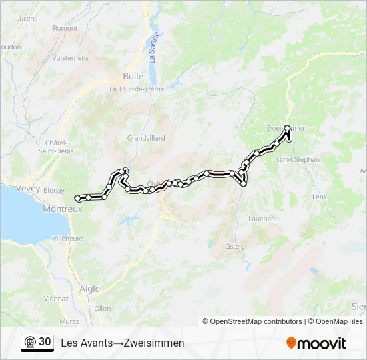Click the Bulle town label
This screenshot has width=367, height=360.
[133, 76]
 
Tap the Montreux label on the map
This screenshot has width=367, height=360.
[62, 209]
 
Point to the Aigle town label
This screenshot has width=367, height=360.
[89, 289]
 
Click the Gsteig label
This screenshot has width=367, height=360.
[235, 246]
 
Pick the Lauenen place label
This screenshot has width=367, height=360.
[261, 218]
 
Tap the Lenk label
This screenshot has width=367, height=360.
[320, 197]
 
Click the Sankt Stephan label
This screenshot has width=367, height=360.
[298, 160]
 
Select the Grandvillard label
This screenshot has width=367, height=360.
[145, 138]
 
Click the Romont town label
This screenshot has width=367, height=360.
[65, 28]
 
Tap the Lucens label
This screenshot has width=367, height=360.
[26, 19]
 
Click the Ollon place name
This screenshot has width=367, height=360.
[102, 308]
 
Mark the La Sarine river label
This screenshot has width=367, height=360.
[154, 47]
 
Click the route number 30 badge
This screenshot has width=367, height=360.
[45, 342]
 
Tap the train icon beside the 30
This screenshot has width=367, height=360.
[29, 343]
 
